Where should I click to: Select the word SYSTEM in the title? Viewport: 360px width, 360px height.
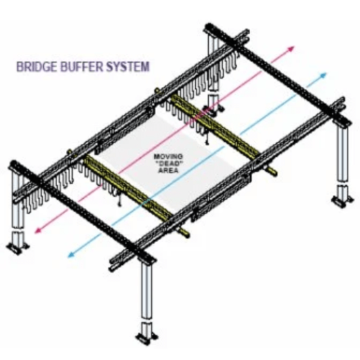click(127, 66)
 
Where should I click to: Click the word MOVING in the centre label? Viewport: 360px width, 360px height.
click(168, 156)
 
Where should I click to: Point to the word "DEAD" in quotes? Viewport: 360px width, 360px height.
click(168, 163)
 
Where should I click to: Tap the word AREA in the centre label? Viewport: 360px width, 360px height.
click(169, 171)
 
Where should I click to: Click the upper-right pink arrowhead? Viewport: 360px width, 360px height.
click(291, 48)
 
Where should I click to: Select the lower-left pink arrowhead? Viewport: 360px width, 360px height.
click(38, 230)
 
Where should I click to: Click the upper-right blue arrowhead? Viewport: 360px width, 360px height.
click(323, 75)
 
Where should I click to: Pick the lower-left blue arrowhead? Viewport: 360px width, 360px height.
click(71, 255)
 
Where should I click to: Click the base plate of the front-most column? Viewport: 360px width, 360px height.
click(147, 338)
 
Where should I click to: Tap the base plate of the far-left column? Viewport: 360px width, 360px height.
click(17, 248)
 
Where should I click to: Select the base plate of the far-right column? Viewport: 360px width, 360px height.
click(342, 200)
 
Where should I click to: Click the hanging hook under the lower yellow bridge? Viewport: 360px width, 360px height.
click(119, 200)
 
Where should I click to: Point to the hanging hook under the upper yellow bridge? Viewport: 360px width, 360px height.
click(207, 139)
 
